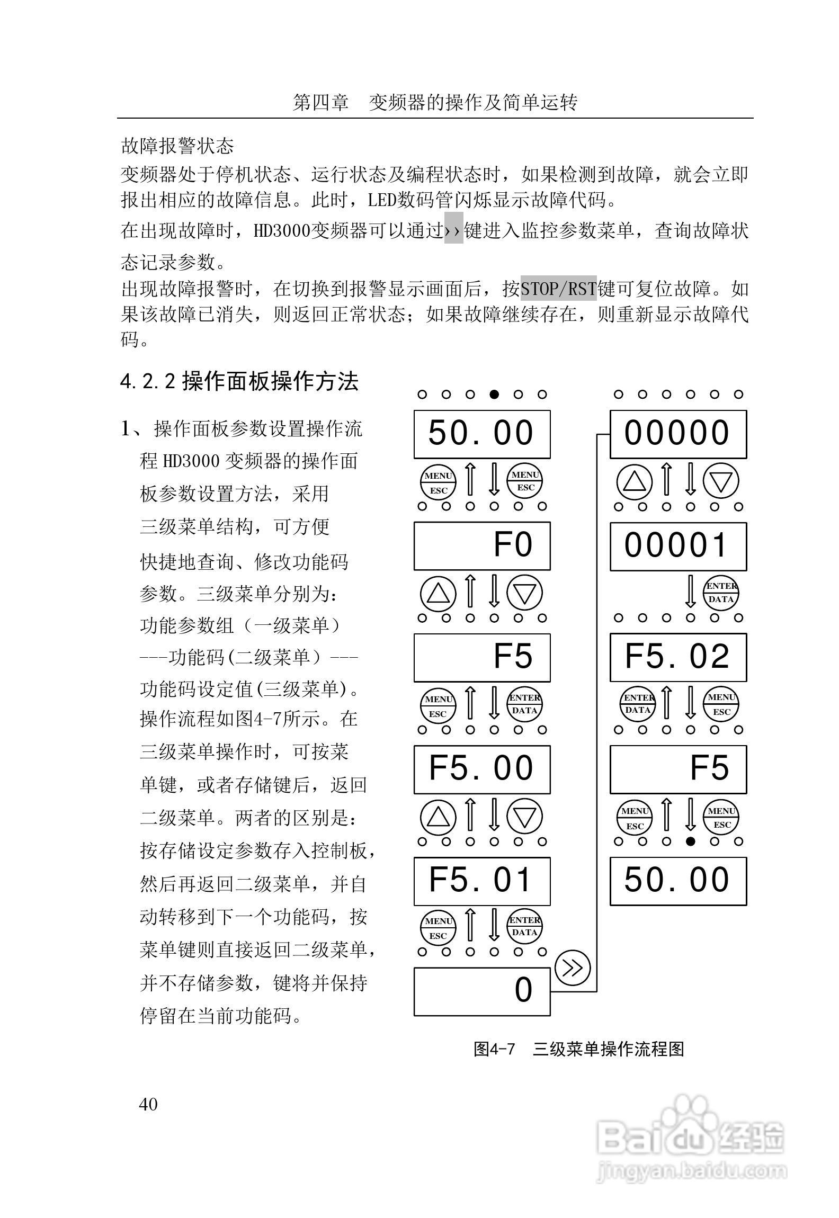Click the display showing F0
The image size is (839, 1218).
click(x=481, y=545)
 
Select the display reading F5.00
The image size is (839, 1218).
click(x=481, y=769)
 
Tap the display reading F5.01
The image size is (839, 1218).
click(x=481, y=881)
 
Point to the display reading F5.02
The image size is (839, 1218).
click(x=678, y=657)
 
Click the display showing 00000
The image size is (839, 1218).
click(x=678, y=434)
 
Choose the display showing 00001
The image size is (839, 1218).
click(x=678, y=546)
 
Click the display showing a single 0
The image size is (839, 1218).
click(x=481, y=991)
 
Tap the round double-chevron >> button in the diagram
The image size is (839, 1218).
click(x=572, y=968)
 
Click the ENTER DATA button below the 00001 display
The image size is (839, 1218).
click(x=721, y=593)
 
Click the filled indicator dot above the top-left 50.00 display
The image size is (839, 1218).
click(x=494, y=394)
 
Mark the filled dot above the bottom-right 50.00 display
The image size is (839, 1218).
click(x=690, y=841)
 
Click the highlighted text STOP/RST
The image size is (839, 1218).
click(x=558, y=289)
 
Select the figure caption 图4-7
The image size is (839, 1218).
click(x=494, y=1049)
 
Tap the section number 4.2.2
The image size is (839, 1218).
click(x=148, y=382)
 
